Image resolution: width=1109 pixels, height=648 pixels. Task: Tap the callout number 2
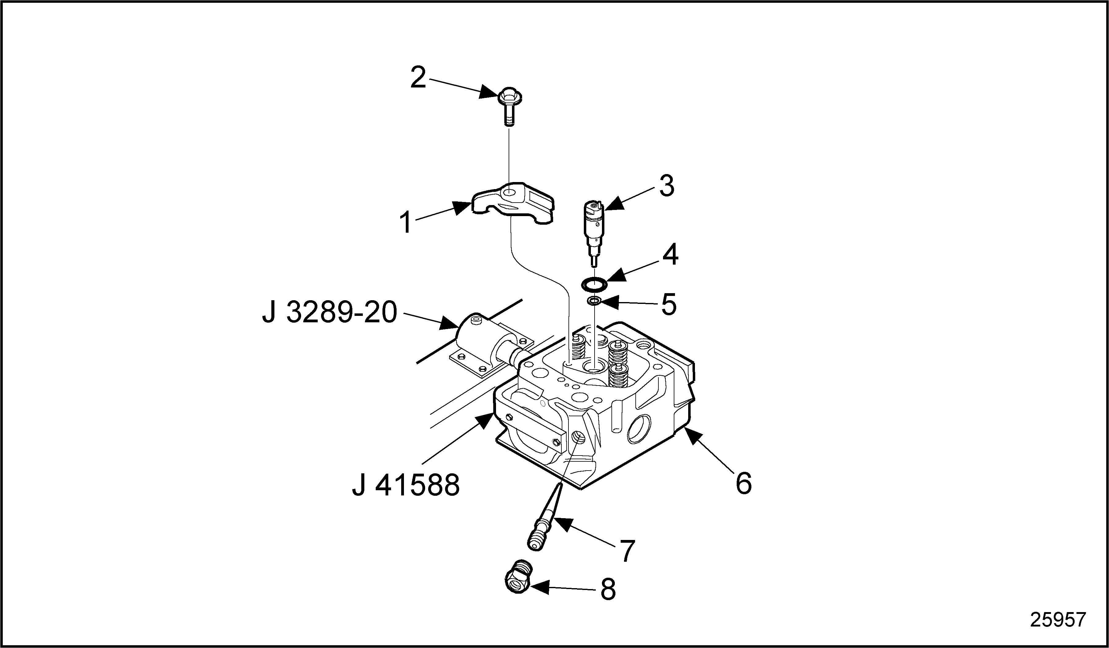(x=418, y=77)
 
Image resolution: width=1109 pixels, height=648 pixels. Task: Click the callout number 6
(x=744, y=483)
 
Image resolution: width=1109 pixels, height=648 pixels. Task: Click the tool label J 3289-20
(x=330, y=313)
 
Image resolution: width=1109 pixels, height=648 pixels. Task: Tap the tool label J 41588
(x=406, y=485)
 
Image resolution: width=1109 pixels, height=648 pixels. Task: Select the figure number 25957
(x=1058, y=620)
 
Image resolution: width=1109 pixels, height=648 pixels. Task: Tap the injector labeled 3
(x=594, y=233)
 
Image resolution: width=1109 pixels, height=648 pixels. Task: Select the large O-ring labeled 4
(x=595, y=284)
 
